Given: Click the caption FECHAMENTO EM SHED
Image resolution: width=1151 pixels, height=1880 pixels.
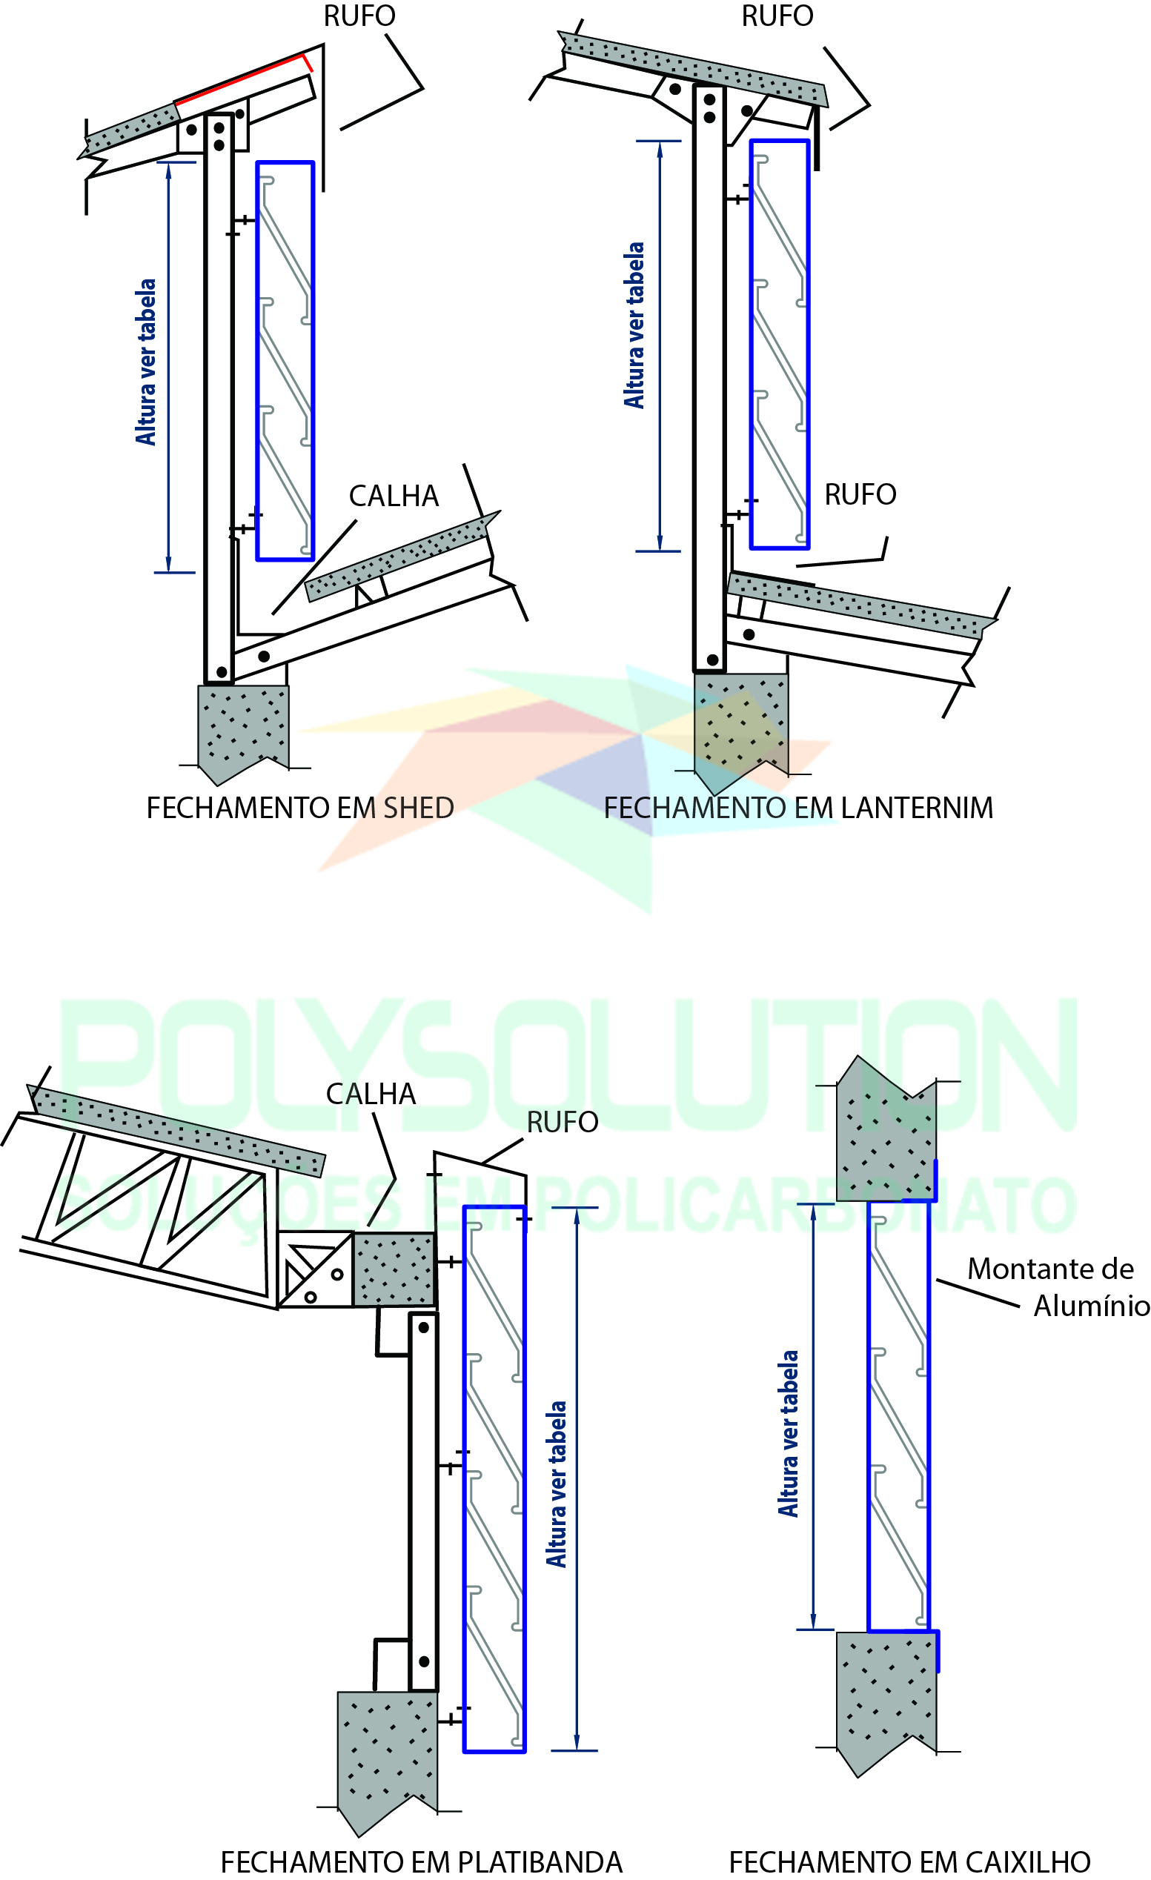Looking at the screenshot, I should [x=300, y=808].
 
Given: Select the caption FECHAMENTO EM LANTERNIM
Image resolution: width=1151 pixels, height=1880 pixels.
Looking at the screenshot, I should [x=798, y=808].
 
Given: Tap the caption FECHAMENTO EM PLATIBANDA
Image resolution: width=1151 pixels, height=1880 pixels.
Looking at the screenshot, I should [x=421, y=1861].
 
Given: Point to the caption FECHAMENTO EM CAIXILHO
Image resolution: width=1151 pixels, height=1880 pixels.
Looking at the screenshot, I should [x=909, y=1861].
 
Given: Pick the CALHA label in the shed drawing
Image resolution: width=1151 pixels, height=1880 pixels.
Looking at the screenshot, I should [x=394, y=496].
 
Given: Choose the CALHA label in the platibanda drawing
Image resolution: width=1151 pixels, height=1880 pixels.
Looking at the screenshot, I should [x=371, y=1094].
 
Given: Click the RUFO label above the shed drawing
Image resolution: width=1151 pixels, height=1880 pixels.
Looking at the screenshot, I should [x=359, y=16].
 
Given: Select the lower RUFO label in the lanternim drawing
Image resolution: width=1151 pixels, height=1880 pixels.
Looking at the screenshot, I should [x=860, y=495].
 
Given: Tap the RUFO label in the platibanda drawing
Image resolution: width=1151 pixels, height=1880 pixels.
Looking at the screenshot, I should [x=563, y=1123].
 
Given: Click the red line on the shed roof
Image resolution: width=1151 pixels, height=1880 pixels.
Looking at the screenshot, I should [x=240, y=78].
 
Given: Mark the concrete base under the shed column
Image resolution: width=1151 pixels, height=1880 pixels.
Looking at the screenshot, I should [x=242, y=728].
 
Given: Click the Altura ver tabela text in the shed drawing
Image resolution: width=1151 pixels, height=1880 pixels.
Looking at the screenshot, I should [x=146, y=362].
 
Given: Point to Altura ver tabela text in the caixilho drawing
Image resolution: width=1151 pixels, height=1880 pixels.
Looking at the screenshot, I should [x=789, y=1434].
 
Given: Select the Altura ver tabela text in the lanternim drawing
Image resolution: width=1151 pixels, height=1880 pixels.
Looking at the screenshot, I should [x=635, y=326].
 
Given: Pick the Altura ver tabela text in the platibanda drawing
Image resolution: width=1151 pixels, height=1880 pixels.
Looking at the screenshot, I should [x=557, y=1484].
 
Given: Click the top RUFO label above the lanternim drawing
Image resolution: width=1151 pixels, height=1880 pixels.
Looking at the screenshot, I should [x=777, y=16].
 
